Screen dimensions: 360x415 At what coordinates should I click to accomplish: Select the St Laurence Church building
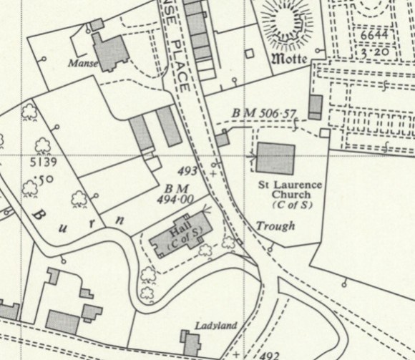click(x=275, y=158)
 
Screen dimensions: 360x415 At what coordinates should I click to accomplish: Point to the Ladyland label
click(x=216, y=326)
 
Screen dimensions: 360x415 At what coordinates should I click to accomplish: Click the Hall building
click(x=179, y=235)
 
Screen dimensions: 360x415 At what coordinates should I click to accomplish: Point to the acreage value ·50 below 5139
click(x=46, y=178)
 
